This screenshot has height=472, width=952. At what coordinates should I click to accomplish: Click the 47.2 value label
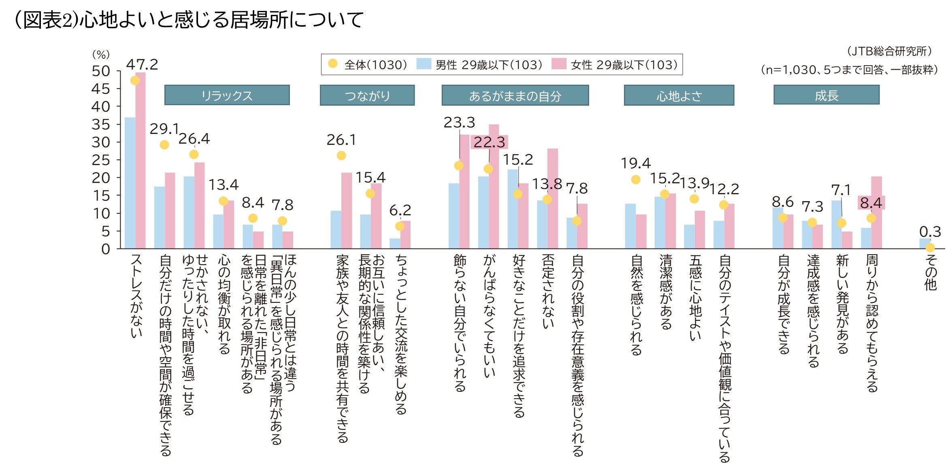pyautogui.click(x=142, y=64)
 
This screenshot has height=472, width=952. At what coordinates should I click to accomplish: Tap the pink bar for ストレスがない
pyautogui.click(x=141, y=162)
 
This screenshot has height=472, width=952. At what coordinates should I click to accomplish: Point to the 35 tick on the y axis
pyautogui.click(x=101, y=124)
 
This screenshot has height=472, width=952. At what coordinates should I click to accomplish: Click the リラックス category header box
pyautogui.click(x=227, y=95)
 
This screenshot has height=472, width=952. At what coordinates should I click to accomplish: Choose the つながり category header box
pyautogui.click(x=367, y=96)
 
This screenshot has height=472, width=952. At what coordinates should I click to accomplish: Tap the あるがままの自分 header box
pyautogui.click(x=515, y=96)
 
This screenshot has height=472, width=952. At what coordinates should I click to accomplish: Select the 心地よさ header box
pyautogui.click(x=679, y=96)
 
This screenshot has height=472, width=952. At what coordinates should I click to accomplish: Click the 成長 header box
pyautogui.click(x=826, y=95)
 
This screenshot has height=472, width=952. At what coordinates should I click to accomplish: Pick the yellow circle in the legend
pyautogui.click(x=333, y=64)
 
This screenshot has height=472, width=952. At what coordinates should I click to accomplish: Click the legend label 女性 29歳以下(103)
pyautogui.click(x=624, y=65)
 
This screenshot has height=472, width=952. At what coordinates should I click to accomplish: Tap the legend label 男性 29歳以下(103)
pyautogui.click(x=488, y=65)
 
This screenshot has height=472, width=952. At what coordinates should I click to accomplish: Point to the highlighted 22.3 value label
pyautogui.click(x=489, y=142)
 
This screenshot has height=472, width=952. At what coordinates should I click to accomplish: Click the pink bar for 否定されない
pyautogui.click(x=552, y=198)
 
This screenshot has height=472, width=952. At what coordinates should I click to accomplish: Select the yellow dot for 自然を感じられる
pyautogui.click(x=636, y=180)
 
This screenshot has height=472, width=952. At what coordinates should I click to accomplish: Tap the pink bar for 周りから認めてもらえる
pyautogui.click(x=876, y=213)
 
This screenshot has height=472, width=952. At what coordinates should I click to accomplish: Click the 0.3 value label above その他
pyautogui.click(x=930, y=232)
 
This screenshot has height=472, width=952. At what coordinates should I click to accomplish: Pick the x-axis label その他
pyautogui.click(x=931, y=272)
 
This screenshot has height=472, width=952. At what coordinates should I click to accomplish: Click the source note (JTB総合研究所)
pyautogui.click(x=889, y=51)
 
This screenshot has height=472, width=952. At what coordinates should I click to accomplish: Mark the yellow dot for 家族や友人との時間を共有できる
pyautogui.click(x=341, y=155)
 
